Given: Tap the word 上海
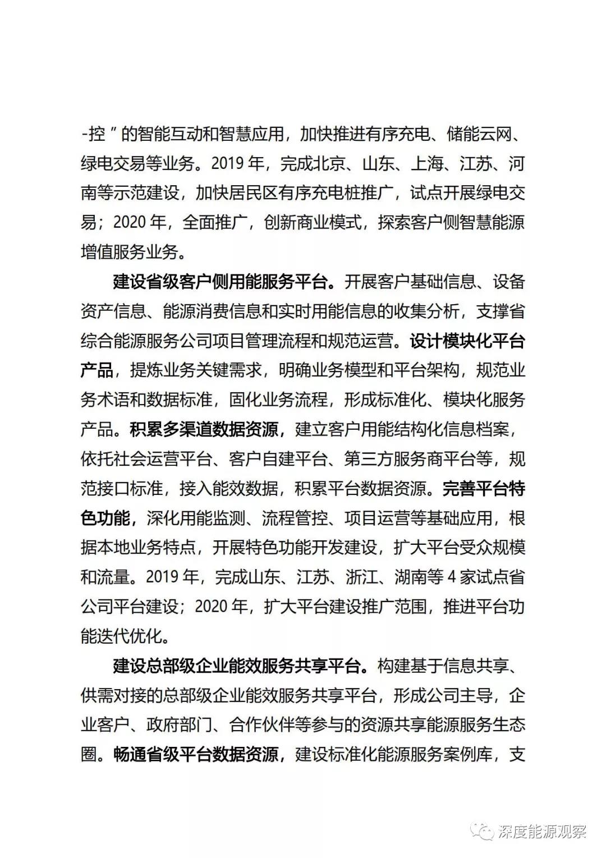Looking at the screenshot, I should click(428, 164).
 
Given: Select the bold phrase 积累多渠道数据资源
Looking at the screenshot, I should click(204, 430).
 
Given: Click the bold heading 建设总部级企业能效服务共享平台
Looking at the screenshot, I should click(236, 666).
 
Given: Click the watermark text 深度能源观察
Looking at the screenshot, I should click(541, 832).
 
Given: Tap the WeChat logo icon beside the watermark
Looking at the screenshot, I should click(483, 831).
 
